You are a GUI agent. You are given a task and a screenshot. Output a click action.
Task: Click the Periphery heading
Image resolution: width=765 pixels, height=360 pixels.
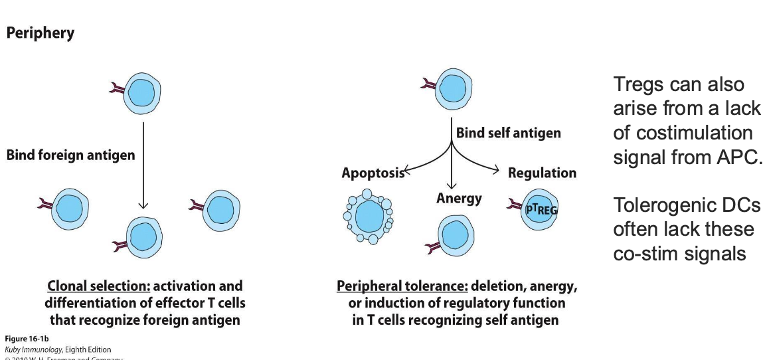41,33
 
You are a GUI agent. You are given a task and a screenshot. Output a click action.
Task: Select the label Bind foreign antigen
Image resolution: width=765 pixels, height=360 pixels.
70,155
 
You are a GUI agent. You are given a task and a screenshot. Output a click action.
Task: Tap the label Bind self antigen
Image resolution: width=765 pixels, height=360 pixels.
508,133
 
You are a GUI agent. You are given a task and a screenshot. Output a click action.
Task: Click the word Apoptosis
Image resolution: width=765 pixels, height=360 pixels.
373,173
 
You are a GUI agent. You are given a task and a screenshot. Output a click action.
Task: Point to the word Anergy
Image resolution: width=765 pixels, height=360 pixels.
459,198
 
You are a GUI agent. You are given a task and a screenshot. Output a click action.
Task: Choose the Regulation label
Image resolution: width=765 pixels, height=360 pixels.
542,173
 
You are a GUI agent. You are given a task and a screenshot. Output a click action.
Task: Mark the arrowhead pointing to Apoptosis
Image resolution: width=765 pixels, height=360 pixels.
407,173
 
